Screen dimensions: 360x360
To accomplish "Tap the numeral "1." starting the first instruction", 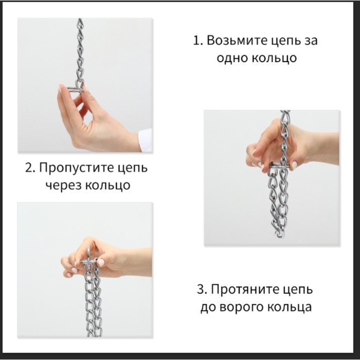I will [x=197, y=41].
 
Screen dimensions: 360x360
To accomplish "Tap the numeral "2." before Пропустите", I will [x=30, y=168].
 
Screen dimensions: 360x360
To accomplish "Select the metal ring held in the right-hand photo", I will [x=280, y=167].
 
